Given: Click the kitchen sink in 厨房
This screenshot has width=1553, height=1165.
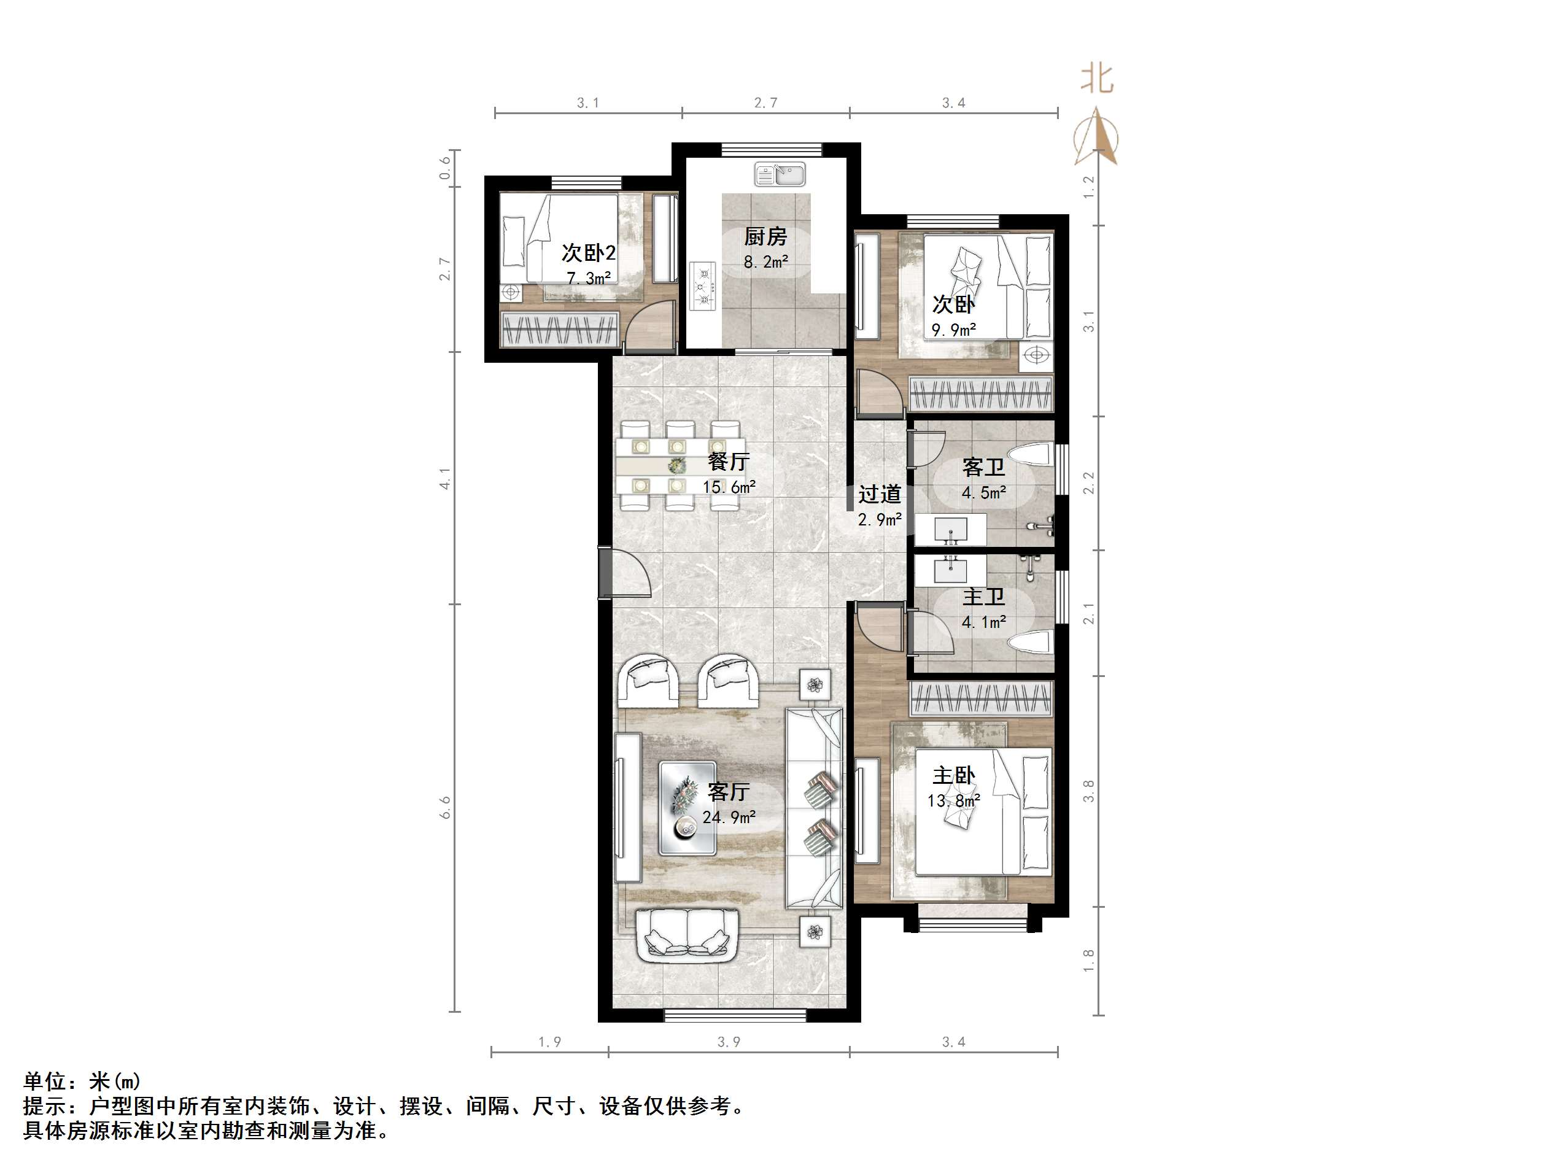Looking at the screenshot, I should [780, 174].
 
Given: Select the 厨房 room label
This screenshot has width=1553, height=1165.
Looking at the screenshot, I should [765, 237].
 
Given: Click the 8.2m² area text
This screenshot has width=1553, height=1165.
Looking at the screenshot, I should [765, 263].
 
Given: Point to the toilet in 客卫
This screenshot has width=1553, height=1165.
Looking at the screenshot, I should [1032, 457].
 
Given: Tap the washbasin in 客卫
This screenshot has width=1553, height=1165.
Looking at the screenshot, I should [951, 528].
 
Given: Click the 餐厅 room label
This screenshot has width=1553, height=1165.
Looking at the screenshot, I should [728, 462].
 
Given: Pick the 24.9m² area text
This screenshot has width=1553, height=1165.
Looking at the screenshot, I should [729, 818].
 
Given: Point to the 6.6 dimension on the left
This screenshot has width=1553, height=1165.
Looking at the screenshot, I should [445, 808].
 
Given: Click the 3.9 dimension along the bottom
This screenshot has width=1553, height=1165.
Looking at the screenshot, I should [728, 1042].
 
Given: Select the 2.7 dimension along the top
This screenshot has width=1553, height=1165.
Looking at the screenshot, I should [765, 103].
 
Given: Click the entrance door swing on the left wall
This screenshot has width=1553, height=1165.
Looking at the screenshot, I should [137, 572].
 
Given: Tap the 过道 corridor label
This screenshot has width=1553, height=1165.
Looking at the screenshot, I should [879, 494].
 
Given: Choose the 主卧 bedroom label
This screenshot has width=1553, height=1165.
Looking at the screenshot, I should [953, 775].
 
